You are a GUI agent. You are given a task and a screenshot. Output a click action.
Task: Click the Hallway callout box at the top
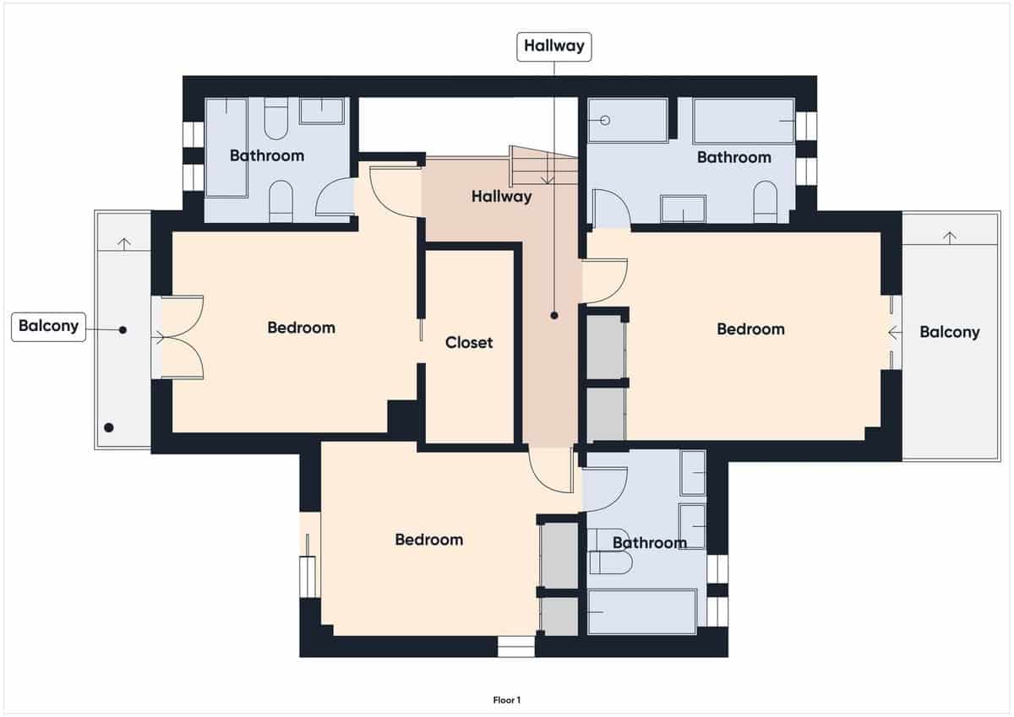tap(553, 46)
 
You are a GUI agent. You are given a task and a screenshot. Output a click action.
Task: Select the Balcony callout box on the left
tap(48, 326)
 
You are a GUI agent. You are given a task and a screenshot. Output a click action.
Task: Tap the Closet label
tap(469, 343)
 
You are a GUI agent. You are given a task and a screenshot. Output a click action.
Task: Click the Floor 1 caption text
tap(507, 699)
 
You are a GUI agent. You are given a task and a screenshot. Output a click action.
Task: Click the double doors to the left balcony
tap(179, 338)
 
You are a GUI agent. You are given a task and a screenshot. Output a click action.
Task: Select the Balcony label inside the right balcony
tap(949, 332)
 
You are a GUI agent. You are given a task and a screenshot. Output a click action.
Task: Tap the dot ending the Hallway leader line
tap(554, 315)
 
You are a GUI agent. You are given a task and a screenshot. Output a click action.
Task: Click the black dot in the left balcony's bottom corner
tap(108, 427)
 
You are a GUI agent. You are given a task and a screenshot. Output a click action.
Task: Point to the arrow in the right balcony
tap(949, 237)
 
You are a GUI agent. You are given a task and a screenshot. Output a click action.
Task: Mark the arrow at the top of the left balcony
tap(124, 243)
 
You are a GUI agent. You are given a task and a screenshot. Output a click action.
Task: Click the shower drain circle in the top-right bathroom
tap(605, 121)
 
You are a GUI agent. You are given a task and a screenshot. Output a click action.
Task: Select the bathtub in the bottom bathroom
tap(642, 611)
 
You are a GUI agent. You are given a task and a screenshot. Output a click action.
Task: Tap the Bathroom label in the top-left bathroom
tap(266, 155)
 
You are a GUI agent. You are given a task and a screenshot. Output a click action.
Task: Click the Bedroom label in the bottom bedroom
tap(428, 539)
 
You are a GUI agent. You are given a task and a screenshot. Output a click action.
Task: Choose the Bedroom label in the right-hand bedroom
tap(750, 329)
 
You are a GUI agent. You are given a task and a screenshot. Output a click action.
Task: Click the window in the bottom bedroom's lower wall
tap(515, 646)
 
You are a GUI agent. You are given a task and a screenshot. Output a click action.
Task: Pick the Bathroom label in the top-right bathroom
tap(733, 157)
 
